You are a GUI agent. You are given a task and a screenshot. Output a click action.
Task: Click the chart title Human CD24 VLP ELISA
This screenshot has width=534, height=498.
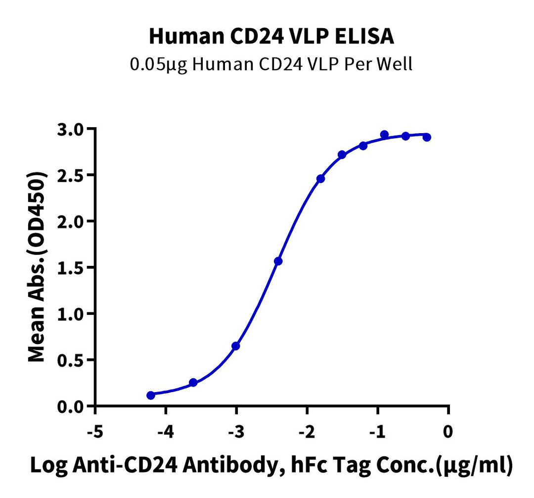(x=271, y=37)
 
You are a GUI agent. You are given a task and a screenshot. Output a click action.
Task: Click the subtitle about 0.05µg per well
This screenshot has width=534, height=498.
(x=271, y=65)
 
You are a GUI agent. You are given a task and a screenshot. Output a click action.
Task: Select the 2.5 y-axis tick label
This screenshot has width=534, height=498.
(x=73, y=175)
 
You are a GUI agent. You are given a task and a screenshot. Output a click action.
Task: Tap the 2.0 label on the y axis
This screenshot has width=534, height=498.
(x=73, y=221)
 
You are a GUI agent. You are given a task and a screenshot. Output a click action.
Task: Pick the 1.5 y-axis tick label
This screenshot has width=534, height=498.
(x=73, y=268)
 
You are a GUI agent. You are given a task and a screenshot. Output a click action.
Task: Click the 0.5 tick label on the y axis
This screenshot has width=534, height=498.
(x=73, y=360)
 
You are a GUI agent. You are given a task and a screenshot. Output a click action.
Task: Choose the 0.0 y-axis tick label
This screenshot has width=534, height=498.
(x=73, y=407)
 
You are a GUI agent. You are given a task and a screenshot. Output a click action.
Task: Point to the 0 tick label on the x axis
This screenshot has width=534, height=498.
(x=448, y=432)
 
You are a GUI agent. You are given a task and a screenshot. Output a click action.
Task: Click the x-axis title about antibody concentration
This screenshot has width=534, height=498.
(x=271, y=466)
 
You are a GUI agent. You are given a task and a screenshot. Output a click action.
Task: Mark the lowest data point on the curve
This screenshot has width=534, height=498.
(x=151, y=395)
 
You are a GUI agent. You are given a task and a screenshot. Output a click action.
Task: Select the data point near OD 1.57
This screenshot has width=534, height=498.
(x=278, y=261)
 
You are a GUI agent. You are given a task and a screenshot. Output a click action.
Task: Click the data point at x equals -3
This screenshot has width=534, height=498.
(x=236, y=346)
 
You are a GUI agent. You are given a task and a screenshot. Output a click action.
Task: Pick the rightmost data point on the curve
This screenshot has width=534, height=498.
(x=427, y=137)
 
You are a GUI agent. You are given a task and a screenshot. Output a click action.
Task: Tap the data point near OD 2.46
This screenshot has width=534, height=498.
(x=320, y=179)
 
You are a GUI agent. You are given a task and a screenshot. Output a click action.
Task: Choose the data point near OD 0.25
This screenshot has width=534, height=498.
(x=193, y=383)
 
